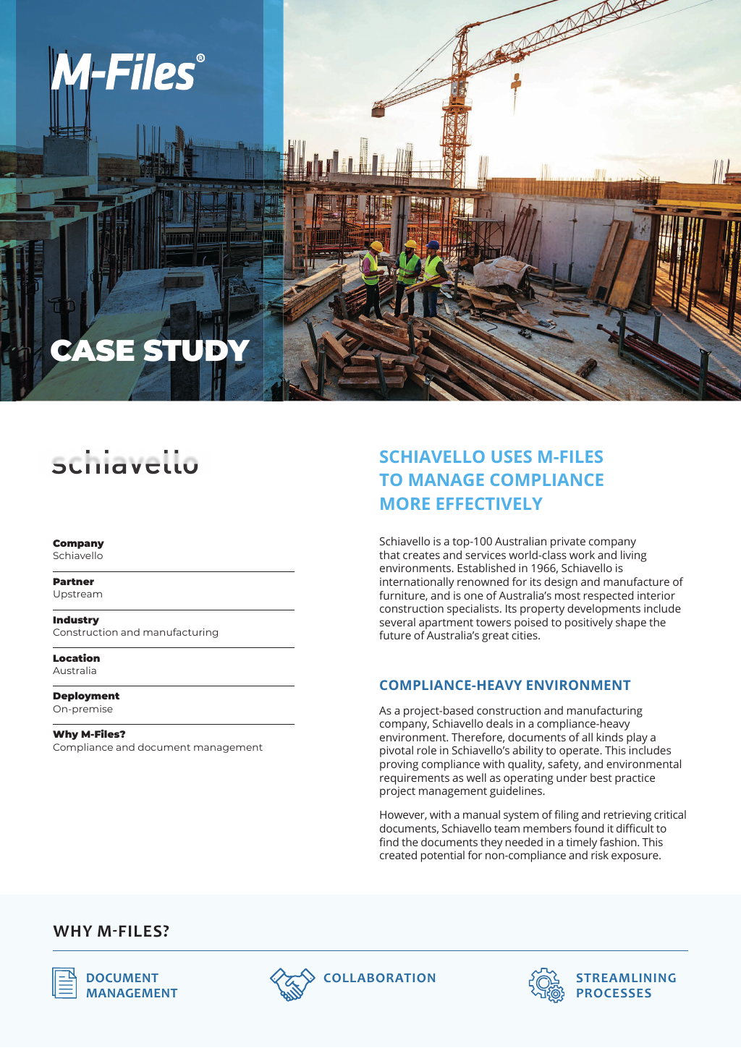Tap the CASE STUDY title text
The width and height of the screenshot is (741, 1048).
point(150,352)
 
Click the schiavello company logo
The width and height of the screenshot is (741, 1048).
point(125,463)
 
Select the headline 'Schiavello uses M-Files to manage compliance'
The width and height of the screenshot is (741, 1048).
point(491,480)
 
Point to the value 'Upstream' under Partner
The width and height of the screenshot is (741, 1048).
point(77,595)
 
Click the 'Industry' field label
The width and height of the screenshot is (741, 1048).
point(76,620)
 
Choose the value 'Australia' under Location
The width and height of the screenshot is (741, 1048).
point(75,671)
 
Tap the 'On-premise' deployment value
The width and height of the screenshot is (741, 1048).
point(82,710)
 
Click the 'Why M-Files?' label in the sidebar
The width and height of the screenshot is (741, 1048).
point(89,734)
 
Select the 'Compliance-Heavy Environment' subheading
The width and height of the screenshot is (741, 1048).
point(505,686)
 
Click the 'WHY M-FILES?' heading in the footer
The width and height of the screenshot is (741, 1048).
point(111,932)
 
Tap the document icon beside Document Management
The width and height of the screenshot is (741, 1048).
point(64,983)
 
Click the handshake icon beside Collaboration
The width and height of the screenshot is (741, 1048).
point(292,984)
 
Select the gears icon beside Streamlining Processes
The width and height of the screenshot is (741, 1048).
point(546,985)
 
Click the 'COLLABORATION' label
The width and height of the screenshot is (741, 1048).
point(380,978)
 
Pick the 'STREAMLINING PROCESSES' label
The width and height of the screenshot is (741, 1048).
point(626,986)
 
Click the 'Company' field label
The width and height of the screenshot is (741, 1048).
point(78,543)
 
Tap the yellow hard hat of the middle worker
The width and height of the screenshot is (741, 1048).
point(410,244)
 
